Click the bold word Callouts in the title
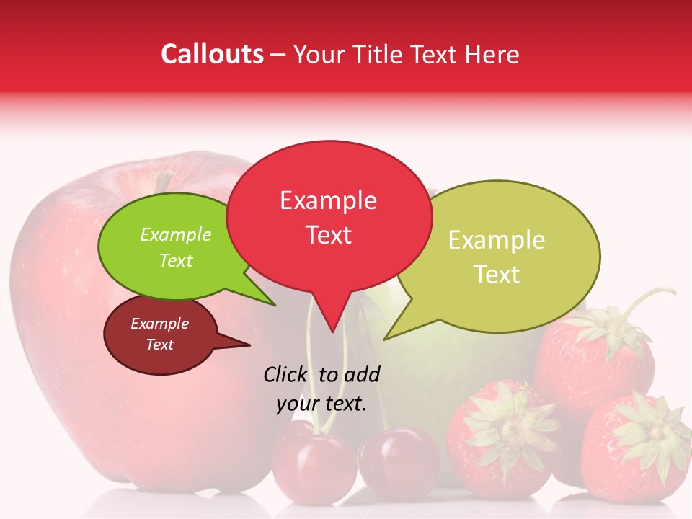212,54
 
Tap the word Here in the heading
491,54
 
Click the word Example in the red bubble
328,200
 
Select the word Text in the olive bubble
497,274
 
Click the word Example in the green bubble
175,235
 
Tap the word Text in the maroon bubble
159,345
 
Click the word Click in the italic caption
285,374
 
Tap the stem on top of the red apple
164,182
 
